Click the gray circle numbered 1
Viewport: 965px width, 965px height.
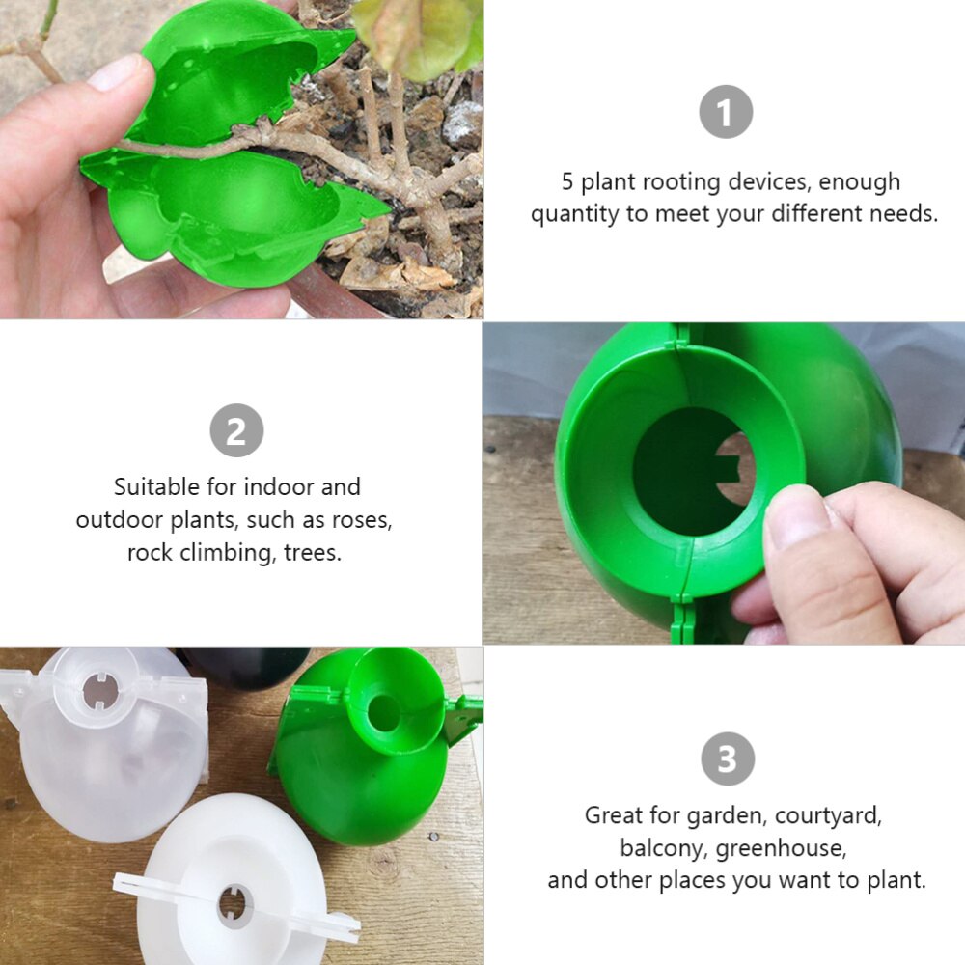[x=725, y=113]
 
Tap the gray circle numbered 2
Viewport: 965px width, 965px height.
[x=236, y=431]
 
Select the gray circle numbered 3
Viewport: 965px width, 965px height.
[x=727, y=758]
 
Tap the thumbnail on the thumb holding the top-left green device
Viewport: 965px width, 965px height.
[x=120, y=73]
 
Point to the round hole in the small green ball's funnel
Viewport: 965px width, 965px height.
[x=383, y=713]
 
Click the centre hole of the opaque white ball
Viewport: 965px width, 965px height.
[x=234, y=904]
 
